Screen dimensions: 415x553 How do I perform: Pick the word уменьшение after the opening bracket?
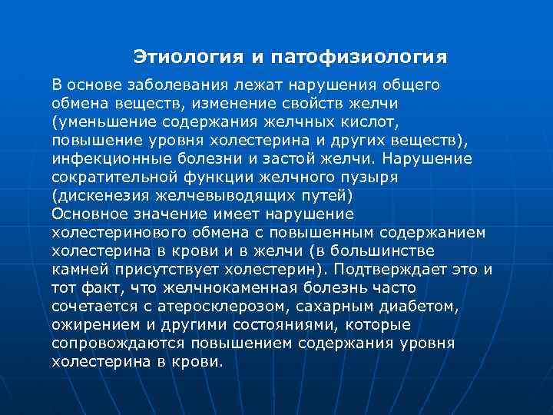point(104,121)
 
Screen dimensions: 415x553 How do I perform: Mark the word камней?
point(83,269)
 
